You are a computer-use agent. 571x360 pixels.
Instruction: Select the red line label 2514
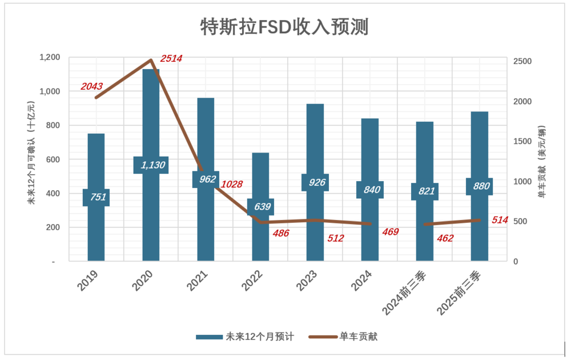pos(171,58)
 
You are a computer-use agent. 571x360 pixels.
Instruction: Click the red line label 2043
pos(91,86)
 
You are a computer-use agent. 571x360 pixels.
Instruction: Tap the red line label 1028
pos(231,184)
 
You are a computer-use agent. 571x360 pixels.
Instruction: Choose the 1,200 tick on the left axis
pos(50,57)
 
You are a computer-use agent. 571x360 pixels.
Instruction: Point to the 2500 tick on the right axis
pos(523,62)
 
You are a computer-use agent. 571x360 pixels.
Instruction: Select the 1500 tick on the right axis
pos(523,142)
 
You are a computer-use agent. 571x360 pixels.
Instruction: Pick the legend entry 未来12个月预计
pos(246,337)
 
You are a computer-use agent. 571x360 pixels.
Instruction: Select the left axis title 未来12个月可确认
pos(32,153)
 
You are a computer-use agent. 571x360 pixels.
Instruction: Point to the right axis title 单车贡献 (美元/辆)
pos(542,161)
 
